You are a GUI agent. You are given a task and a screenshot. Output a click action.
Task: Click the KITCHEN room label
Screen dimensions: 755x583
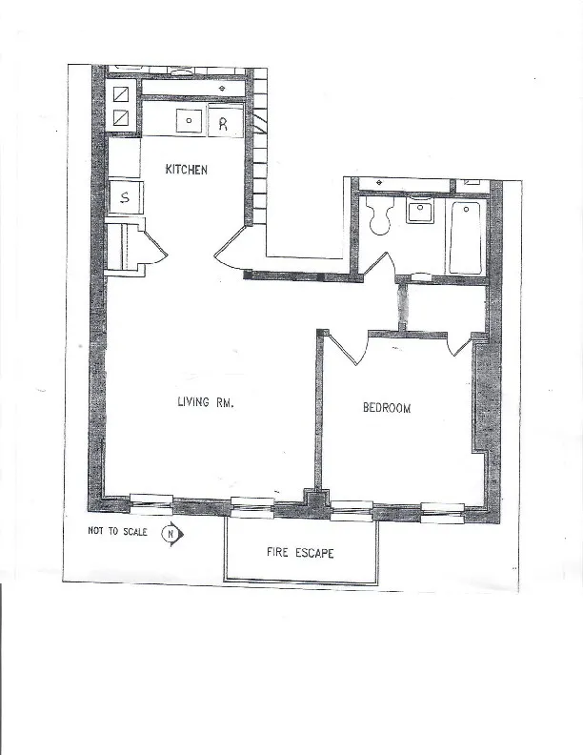click(x=186, y=170)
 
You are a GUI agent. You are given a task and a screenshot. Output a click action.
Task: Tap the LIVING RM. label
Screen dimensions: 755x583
click(x=206, y=403)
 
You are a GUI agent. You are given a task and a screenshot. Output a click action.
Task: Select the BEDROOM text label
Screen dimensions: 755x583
click(x=387, y=409)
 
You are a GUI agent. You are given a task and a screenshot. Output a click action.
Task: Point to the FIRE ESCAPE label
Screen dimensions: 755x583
click(x=299, y=553)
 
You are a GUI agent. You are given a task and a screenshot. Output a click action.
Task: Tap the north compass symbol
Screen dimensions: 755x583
click(x=171, y=534)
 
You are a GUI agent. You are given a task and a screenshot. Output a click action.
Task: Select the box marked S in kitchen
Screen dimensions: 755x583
click(x=125, y=199)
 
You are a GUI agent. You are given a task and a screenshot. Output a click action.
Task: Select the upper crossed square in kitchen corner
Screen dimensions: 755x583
click(x=122, y=94)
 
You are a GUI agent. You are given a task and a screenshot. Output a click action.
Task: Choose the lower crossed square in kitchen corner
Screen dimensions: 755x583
click(x=122, y=117)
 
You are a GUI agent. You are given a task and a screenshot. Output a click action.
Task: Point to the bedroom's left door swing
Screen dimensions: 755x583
click(x=343, y=348)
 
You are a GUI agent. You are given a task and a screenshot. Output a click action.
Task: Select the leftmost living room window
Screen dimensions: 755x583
click(x=151, y=499)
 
